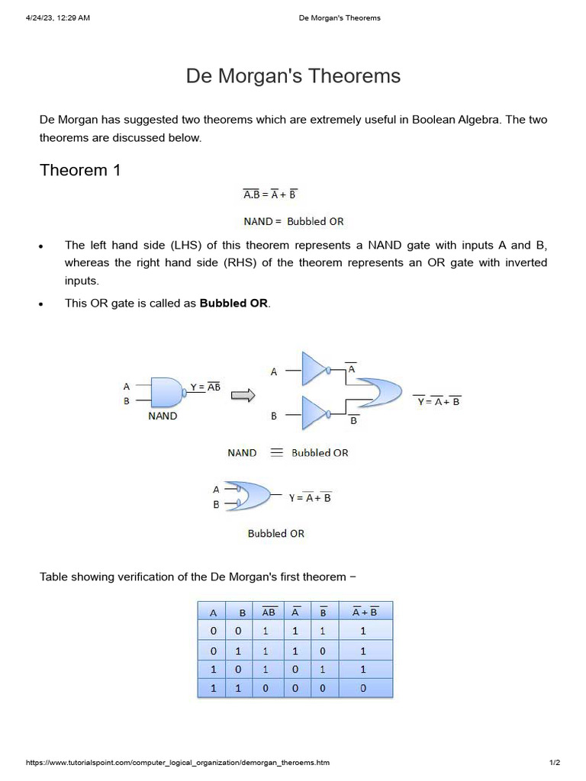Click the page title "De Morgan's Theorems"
tap(293, 76)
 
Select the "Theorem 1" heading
tap(80, 170)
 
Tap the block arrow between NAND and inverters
tap(243, 395)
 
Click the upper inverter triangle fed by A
tap(314, 369)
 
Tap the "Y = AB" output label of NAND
tap(205, 387)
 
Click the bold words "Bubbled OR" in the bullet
tap(233, 303)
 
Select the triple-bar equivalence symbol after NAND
tap(276, 452)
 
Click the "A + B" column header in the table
tap(363, 612)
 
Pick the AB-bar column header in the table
tap(269, 612)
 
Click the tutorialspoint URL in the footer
tap(178, 763)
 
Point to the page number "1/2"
tap(555, 763)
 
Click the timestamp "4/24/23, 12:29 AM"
tap(57, 18)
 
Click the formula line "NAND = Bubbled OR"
tap(293, 222)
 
